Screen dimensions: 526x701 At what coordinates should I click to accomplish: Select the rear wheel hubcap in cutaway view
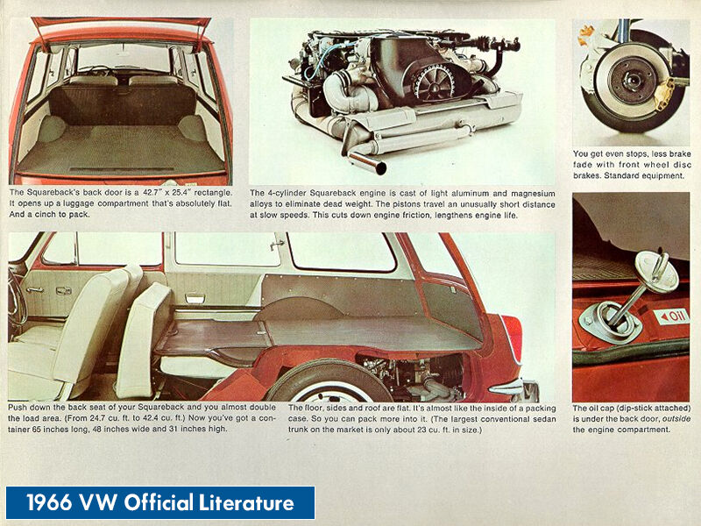(316, 391)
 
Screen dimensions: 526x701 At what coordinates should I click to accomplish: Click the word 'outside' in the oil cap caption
(671, 419)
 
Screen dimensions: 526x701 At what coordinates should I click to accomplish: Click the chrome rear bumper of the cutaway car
(517, 389)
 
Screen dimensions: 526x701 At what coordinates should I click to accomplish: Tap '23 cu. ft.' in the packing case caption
(453, 430)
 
